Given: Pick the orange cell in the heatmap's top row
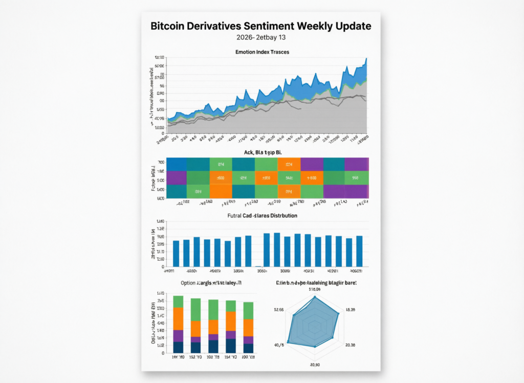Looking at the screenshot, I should pos(289,164).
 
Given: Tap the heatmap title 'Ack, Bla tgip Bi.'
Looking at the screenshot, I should pos(261,153).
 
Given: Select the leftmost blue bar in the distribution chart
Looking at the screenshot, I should pos(176,253).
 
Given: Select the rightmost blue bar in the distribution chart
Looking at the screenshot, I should pos(359,251).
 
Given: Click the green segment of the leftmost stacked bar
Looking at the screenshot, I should pos(178,301).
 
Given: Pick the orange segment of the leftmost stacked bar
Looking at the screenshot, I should pos(178,318).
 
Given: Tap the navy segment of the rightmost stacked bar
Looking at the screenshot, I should pos(249,348).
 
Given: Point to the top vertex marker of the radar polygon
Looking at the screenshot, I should pos(315,297).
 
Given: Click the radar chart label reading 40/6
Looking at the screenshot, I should pos(279,345).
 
